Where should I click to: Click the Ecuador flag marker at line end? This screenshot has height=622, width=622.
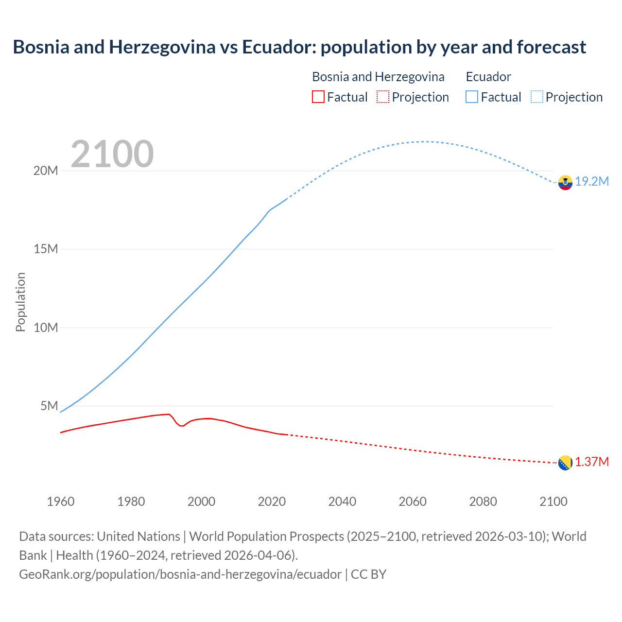point(565,182)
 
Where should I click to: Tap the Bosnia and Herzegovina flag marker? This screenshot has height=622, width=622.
point(565,463)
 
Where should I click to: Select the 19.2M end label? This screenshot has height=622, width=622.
point(592,182)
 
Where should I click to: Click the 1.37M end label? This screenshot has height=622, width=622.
point(592,462)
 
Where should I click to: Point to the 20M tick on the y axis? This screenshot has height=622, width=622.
point(46,171)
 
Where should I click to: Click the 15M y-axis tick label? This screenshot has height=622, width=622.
point(46,249)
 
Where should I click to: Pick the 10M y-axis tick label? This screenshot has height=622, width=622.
point(46,328)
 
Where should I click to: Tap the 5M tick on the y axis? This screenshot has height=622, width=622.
point(49,406)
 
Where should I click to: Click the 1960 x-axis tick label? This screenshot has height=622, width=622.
point(61,501)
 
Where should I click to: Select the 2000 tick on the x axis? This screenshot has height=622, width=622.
point(201,501)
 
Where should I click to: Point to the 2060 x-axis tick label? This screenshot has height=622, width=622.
point(413,501)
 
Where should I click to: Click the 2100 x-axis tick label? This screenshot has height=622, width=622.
point(553,501)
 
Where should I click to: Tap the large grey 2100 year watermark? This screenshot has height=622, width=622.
point(112,155)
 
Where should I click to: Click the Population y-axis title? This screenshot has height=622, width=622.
point(20,302)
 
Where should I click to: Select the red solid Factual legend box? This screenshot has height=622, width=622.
point(318,97)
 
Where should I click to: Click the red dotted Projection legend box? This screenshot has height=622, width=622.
point(383,97)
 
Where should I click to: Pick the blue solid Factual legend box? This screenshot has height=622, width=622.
point(472,97)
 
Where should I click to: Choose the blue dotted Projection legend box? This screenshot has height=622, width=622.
point(537,97)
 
